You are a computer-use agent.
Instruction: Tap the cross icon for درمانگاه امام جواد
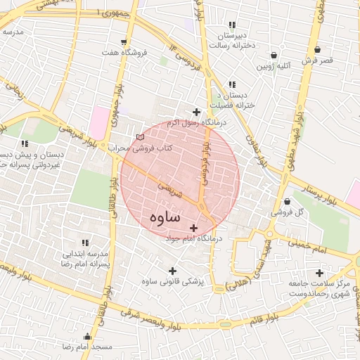tap(193, 228)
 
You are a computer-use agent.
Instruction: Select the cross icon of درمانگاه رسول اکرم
tap(196, 112)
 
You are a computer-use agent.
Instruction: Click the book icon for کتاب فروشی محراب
tap(139, 137)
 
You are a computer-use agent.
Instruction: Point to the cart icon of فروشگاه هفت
tap(124, 42)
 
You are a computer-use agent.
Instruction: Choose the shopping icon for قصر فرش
tap(319, 50)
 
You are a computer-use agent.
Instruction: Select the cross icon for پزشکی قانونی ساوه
tap(172, 271)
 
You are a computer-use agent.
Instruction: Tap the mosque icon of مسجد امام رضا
tap(87, 336)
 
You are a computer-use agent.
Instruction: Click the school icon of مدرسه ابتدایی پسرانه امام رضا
tap(86, 242)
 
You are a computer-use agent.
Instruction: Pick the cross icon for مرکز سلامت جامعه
tap(320, 273)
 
